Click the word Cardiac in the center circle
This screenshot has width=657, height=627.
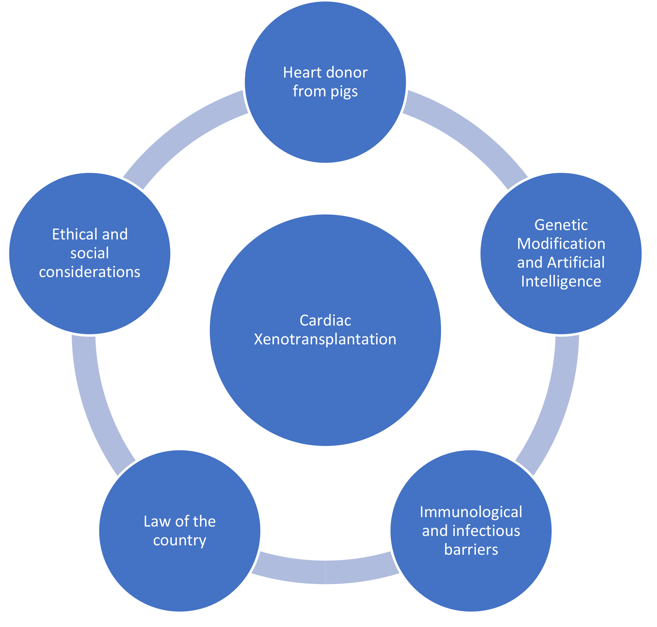tap(325, 321)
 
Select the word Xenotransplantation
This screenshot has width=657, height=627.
tap(325, 340)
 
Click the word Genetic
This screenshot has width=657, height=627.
tap(561, 225)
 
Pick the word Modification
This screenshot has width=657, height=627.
tap(561, 244)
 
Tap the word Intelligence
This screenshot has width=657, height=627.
tap(561, 282)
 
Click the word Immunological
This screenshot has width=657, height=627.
tap(471, 512)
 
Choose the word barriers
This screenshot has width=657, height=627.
tap(471, 549)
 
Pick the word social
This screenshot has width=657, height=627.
tap(90, 253)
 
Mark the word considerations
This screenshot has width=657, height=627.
tap(90, 272)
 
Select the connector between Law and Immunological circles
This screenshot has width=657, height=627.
tap(325, 572)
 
